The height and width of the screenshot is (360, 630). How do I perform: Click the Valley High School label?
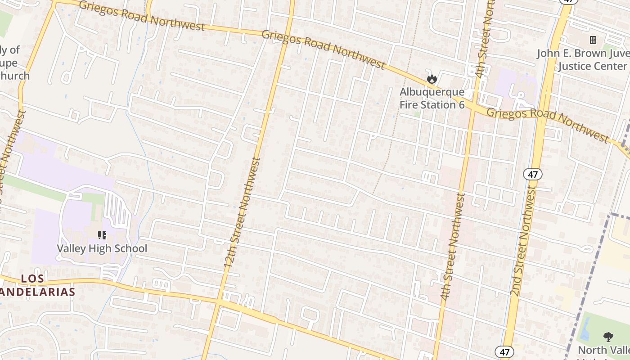pos(102,248)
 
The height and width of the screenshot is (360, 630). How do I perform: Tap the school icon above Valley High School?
pos(102,235)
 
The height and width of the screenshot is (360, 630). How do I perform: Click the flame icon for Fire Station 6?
pos(432,79)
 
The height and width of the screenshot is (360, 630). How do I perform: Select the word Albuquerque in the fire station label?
pos(432,92)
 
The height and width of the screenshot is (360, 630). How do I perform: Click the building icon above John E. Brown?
pos(593,40)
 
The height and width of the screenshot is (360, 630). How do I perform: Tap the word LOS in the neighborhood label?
pos(33,279)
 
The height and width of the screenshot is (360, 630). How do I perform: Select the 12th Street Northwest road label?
pos(243,214)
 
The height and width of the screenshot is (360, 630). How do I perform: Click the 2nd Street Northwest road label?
pos(524,243)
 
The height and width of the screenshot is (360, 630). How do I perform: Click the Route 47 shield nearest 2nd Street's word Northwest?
pos(533,174)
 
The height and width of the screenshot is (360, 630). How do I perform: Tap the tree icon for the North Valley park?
pos(608,337)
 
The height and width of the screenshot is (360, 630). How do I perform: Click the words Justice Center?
pos(592,66)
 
